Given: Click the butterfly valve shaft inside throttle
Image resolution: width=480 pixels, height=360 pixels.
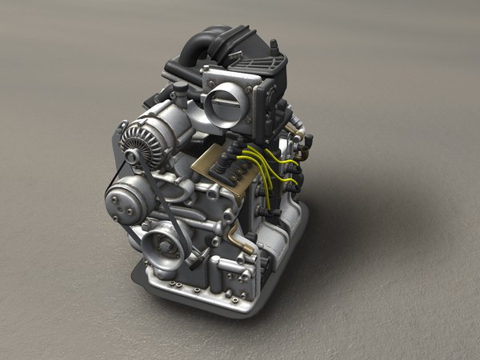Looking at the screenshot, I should (x=223, y=102).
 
